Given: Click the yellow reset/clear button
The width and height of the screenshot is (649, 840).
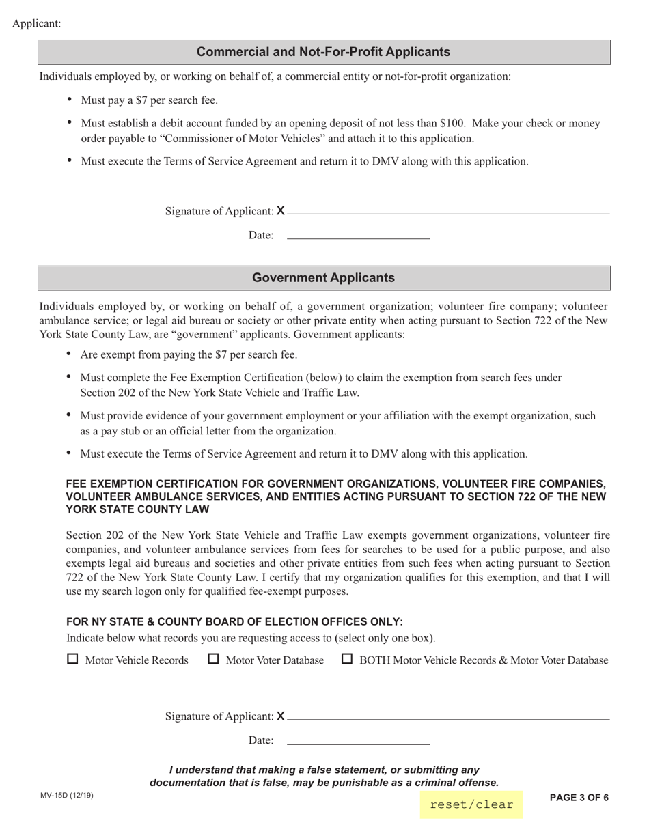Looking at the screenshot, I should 471,804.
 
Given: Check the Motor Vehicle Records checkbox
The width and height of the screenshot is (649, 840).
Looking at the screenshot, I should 73,659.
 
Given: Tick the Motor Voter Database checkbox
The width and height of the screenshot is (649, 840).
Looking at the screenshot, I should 214,659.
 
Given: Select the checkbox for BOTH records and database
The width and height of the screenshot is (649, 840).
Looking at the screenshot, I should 347,659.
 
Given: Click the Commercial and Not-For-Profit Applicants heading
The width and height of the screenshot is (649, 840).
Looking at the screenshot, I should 323,52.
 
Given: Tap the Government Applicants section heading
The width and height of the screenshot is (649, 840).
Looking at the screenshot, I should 323,278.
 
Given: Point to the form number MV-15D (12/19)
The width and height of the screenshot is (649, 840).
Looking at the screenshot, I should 67,796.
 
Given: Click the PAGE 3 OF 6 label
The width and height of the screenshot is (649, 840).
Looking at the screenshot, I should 579,797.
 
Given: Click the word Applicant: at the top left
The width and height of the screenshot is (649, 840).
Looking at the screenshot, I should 37,24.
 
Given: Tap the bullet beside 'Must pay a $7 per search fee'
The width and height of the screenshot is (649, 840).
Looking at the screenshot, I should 70,100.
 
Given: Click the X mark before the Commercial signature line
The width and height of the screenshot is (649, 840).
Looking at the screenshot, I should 281,211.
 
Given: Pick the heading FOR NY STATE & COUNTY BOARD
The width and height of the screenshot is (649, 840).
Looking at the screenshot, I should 234,621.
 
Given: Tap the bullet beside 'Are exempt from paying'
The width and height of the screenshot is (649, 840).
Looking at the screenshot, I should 69,354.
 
